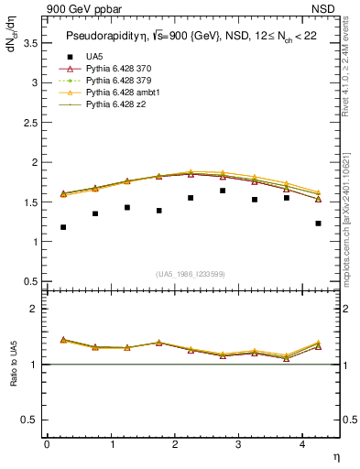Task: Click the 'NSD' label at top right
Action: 328,10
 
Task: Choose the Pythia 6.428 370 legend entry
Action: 118,69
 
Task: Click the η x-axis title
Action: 335,457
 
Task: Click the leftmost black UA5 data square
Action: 63,227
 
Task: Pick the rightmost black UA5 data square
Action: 318,224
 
